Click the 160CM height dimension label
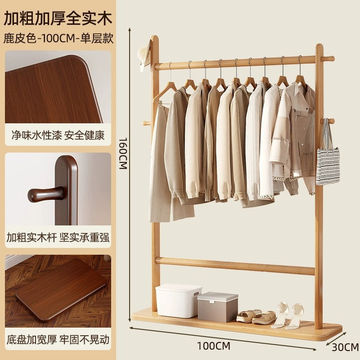coord(123,153)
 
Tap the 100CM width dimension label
coord(214,346)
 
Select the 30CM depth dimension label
coord(345,347)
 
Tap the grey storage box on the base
coord(217,307)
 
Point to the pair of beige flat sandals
coord(256,316)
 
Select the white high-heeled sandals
coord(287,315)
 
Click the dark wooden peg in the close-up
coord(46,194)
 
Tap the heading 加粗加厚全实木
coord(58,18)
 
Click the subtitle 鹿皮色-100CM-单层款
coord(58,38)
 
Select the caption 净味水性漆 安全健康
coord(58,135)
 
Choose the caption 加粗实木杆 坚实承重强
coord(58,237)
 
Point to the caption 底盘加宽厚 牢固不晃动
coord(58,339)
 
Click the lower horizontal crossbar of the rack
coord(235,266)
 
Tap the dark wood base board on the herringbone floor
coord(61,289)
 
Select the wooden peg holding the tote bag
coord(327,121)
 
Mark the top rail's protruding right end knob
coord(327,59)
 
